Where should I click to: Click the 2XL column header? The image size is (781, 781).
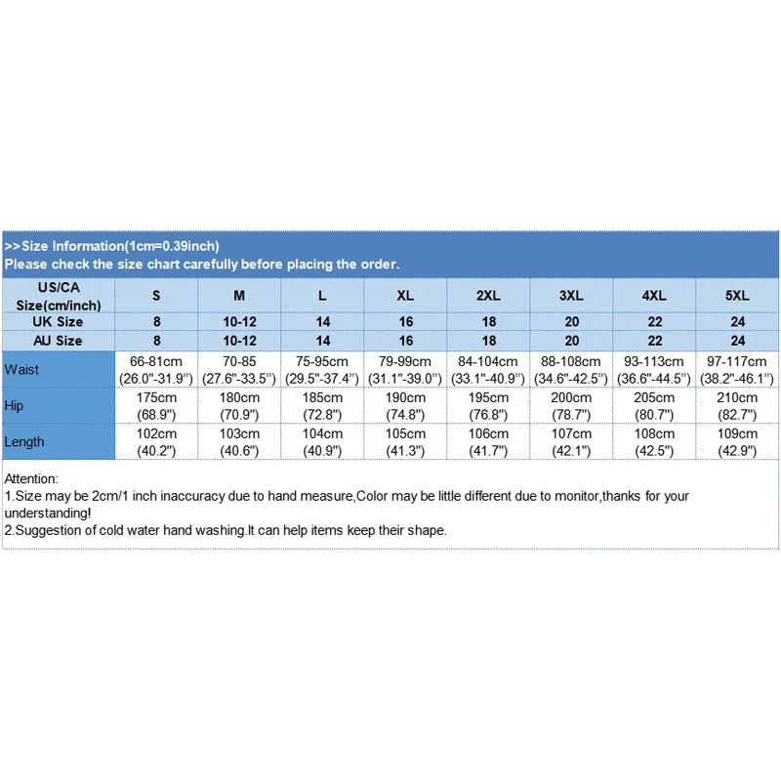(489, 295)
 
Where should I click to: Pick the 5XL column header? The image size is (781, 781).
(738, 295)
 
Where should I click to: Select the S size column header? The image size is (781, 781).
(156, 295)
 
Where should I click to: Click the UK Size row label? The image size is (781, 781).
(60, 321)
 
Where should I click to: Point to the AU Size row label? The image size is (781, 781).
(60, 341)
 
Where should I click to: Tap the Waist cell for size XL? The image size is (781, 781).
(406, 369)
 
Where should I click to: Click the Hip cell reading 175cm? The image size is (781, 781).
(156, 405)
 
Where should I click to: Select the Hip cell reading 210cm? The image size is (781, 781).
(738, 405)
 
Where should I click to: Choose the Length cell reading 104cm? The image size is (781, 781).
(323, 441)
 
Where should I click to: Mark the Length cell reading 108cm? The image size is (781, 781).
(655, 441)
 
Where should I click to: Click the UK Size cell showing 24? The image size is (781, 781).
(738, 321)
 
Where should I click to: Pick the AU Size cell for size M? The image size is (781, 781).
(239, 341)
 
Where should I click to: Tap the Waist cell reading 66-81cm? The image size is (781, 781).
(156, 369)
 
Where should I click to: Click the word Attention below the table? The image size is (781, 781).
(31, 478)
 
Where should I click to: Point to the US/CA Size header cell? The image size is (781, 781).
(60, 295)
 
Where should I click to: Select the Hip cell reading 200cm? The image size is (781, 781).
(572, 405)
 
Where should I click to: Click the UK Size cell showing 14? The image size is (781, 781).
(323, 321)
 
